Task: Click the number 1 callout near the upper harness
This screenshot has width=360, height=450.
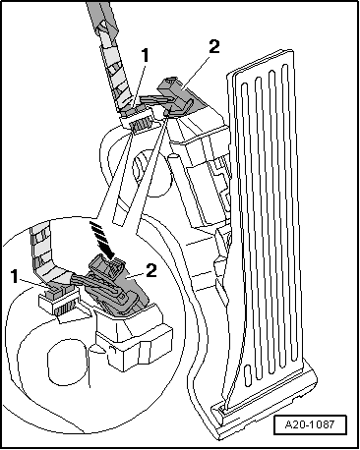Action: [145, 56]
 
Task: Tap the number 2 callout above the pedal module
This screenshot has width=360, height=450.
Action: [213, 46]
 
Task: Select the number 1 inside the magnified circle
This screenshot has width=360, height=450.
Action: [15, 276]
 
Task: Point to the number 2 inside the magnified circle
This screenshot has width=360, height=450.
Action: [150, 270]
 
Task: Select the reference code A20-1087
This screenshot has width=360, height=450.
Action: [310, 424]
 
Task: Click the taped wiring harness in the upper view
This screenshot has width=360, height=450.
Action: [111, 59]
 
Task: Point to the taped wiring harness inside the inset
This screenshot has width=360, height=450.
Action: [52, 258]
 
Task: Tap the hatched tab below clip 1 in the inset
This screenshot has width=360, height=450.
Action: [66, 309]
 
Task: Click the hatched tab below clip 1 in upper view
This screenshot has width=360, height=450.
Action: [141, 125]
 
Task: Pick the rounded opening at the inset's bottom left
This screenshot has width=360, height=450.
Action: [67, 361]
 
